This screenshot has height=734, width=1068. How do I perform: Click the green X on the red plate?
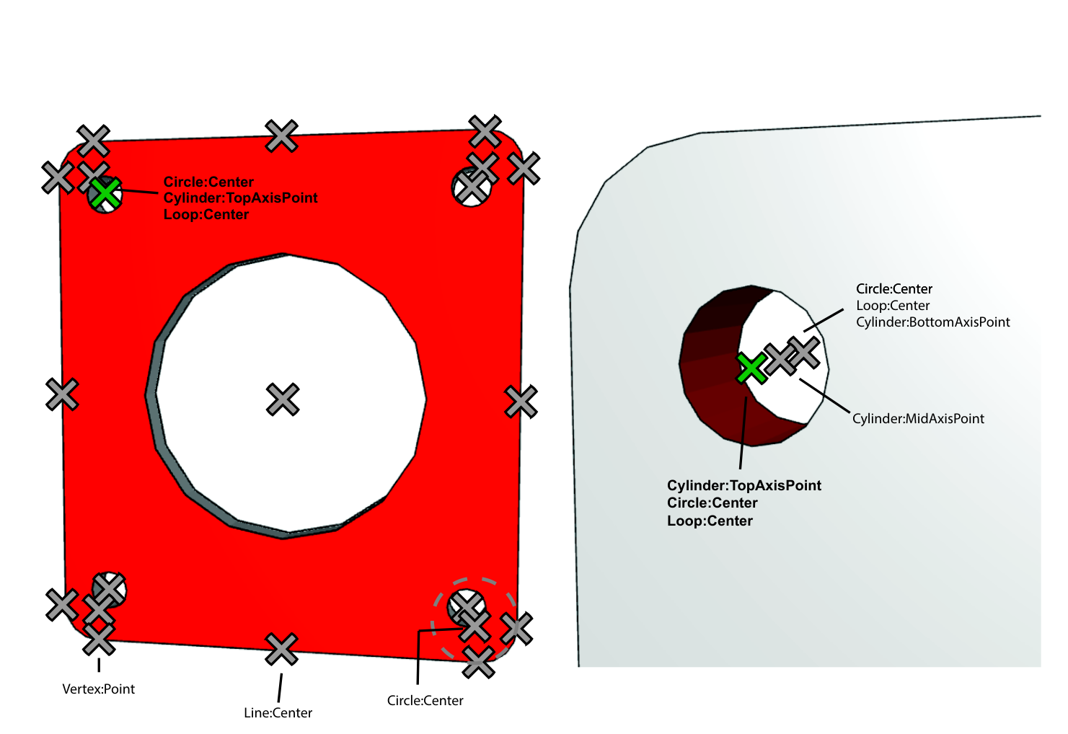(x=105, y=193)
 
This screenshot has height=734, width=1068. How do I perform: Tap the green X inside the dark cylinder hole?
(x=751, y=368)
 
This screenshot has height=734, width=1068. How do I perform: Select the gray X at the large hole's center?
(x=283, y=399)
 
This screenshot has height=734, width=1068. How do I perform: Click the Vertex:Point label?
(x=99, y=689)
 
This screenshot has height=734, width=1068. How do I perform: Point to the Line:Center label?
(x=278, y=712)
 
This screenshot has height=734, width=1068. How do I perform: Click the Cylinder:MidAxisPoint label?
(x=918, y=418)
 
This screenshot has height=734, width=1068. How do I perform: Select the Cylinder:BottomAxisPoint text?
(x=933, y=322)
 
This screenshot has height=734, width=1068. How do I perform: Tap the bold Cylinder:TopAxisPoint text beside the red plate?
(x=240, y=198)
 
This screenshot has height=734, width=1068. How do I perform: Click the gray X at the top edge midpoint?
(x=281, y=136)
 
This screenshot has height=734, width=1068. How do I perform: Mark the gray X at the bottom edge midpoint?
(x=281, y=649)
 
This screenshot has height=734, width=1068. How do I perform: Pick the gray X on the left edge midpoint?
(x=62, y=394)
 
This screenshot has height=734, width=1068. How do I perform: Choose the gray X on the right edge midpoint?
(x=521, y=402)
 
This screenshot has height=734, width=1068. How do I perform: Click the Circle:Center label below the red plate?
(x=425, y=700)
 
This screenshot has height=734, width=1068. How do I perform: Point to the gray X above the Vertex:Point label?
(x=99, y=639)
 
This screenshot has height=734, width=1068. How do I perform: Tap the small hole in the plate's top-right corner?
(x=471, y=187)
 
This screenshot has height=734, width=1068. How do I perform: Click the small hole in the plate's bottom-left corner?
(x=109, y=590)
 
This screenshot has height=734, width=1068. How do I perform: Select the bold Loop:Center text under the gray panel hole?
(x=710, y=521)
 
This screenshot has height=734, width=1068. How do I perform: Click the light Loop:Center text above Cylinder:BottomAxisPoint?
(x=893, y=306)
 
